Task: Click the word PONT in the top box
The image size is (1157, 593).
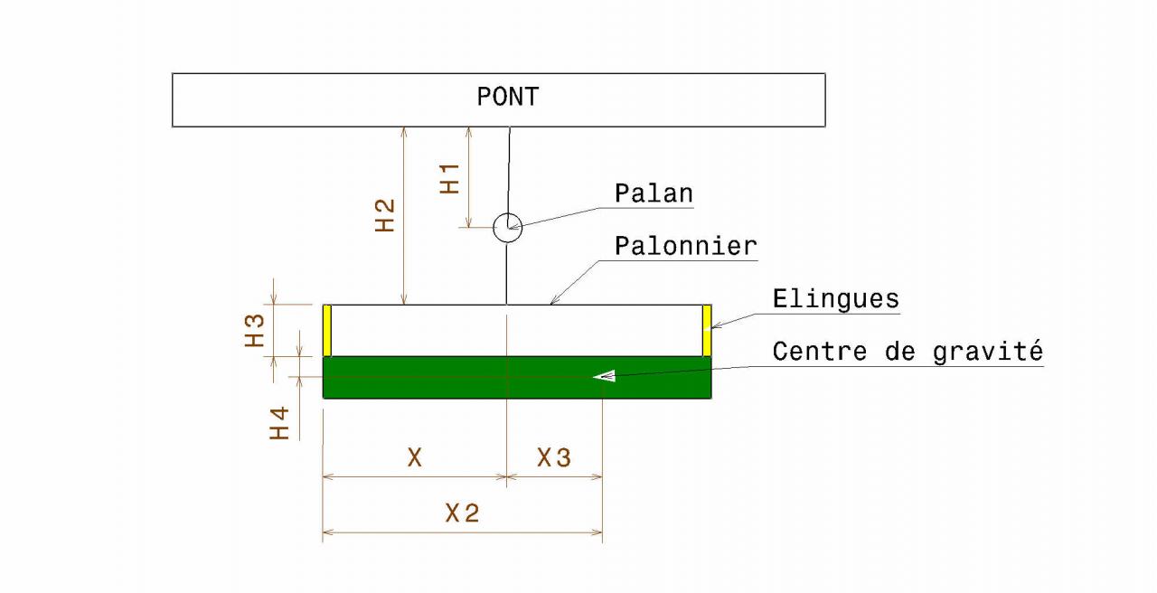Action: (507, 98)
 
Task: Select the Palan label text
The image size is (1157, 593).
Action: (654, 193)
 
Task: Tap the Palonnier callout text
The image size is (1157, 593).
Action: (685, 246)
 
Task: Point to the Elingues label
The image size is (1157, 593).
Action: (836, 298)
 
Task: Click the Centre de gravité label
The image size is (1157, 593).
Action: (908, 351)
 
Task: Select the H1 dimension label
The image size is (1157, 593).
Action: (449, 178)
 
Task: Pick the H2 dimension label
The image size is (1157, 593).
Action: (385, 215)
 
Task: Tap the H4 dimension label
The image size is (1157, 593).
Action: (280, 422)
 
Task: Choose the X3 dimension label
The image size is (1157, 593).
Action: (554, 459)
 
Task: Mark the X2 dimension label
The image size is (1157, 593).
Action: (462, 514)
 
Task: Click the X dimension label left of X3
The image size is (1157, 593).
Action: (414, 458)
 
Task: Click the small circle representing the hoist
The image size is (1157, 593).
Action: (507, 228)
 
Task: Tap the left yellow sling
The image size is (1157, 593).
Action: (328, 331)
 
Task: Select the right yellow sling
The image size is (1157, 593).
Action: (707, 331)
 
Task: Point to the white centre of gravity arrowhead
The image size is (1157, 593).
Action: (604, 375)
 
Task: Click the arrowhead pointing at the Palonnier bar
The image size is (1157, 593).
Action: (555, 300)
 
